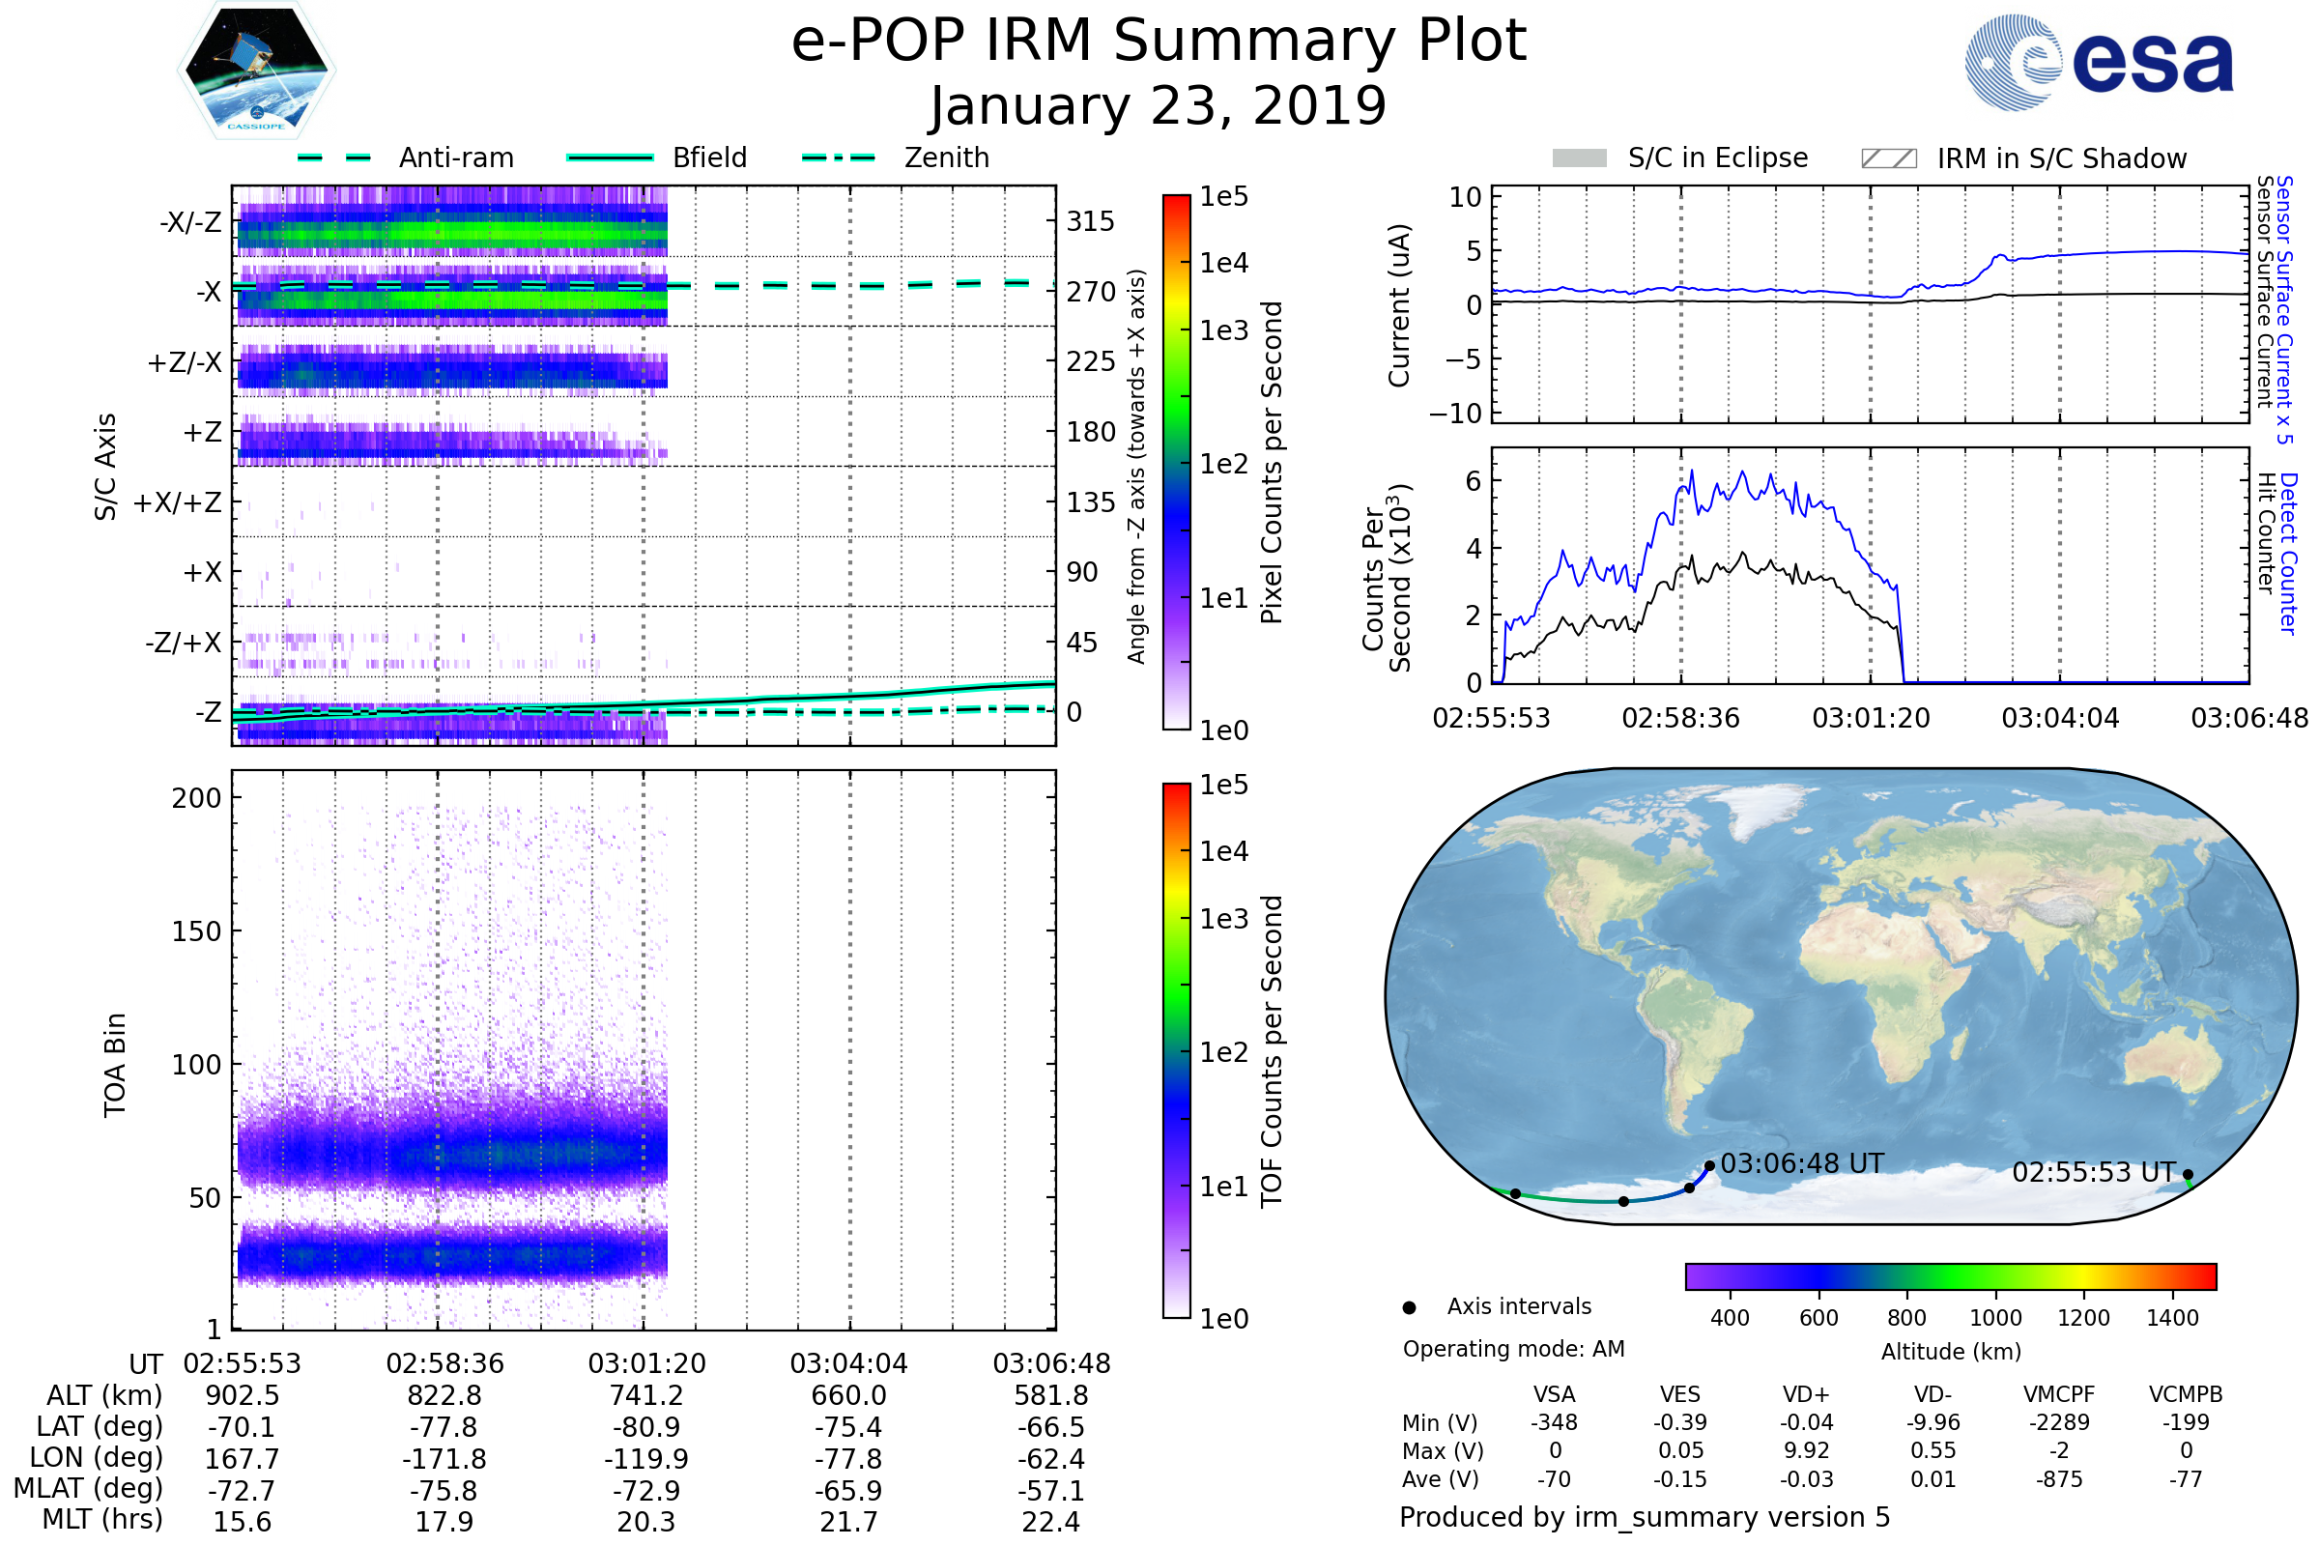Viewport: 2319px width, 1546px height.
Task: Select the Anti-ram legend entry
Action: point(455,157)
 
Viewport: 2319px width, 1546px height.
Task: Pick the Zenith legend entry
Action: point(946,157)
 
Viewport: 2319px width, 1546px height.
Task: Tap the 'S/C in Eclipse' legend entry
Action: point(1717,157)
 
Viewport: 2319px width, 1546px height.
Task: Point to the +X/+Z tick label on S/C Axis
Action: point(178,502)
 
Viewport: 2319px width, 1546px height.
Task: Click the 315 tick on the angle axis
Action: point(1090,221)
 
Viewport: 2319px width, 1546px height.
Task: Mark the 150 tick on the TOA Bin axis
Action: point(197,931)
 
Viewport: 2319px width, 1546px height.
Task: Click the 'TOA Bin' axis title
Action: point(115,1065)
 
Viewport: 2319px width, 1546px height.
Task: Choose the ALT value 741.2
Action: point(645,1396)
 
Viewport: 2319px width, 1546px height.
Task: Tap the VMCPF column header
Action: point(2059,1394)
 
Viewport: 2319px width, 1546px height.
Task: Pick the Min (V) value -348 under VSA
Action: point(1554,1422)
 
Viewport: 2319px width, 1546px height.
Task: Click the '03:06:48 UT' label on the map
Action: point(1801,1164)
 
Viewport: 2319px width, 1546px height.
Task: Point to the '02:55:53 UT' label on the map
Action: point(2093,1172)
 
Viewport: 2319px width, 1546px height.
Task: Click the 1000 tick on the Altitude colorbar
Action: point(1994,1318)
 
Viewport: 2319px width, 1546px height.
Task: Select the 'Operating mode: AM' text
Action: point(1513,1349)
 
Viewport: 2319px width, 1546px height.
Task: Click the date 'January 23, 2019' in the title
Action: point(1159,106)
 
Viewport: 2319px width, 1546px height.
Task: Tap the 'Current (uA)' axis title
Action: point(1400,305)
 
